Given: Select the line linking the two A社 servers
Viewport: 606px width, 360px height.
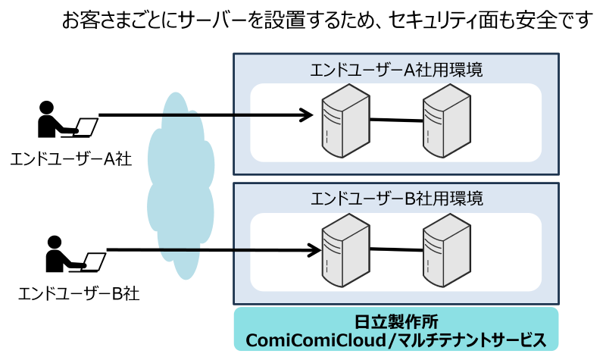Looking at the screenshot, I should (395, 120).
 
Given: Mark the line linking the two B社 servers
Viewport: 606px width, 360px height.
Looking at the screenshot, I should (395, 249).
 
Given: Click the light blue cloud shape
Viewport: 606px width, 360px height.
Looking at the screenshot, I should (180, 186).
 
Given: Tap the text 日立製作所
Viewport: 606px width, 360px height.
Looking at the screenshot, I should (395, 321).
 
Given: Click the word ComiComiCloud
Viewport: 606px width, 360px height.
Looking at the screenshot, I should (317, 340).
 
